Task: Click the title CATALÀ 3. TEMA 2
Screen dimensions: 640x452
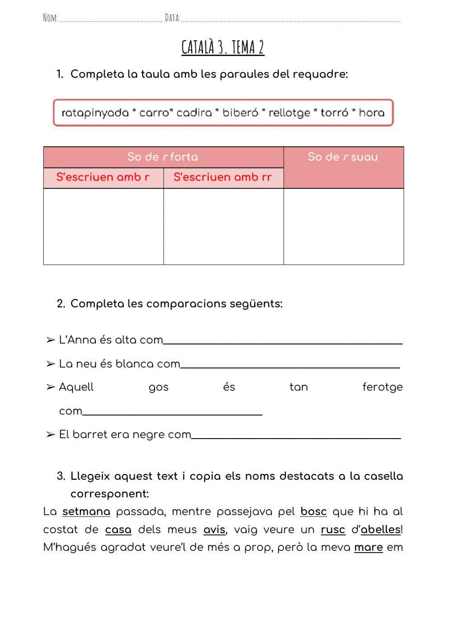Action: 223,47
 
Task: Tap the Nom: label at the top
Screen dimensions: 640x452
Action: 50,18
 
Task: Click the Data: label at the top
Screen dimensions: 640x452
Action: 172,18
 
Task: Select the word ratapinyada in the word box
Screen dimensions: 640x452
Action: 95,113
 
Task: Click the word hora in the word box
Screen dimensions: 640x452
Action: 372,113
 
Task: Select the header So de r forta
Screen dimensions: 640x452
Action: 163,157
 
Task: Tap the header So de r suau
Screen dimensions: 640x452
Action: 343,157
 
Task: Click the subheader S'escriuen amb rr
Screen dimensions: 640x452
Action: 223,177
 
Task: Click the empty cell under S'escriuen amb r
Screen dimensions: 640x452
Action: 104,226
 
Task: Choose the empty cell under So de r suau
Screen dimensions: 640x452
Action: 344,226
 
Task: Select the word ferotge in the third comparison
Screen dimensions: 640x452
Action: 382,387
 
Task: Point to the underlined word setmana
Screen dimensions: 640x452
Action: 86,512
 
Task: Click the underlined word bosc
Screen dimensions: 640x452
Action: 313,512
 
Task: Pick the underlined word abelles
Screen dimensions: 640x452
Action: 381,530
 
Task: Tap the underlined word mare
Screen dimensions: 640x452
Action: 368,548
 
